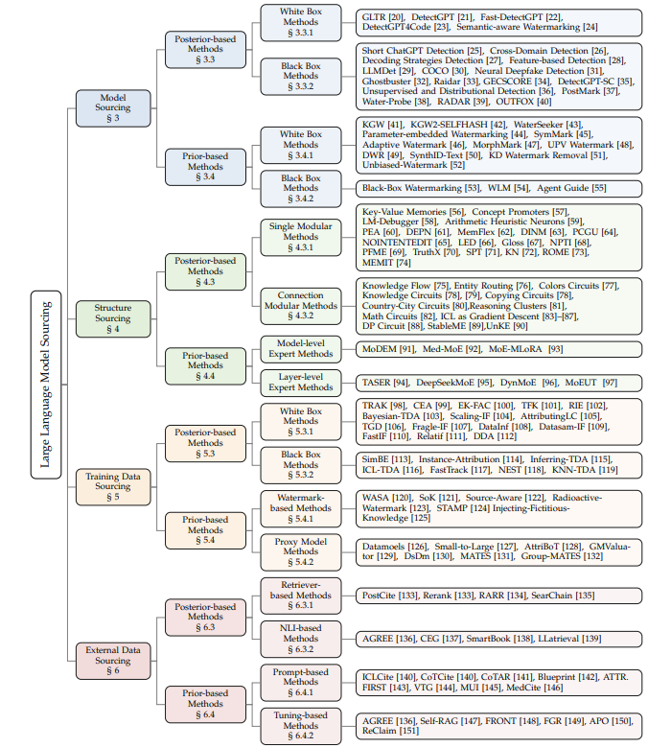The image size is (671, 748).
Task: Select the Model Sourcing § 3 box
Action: (x=113, y=107)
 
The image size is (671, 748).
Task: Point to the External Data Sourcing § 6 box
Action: (x=113, y=661)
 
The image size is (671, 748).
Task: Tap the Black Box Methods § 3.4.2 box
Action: (x=301, y=188)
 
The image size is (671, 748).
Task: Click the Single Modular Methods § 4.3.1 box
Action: (x=301, y=238)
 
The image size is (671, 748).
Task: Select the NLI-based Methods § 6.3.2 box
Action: (x=301, y=638)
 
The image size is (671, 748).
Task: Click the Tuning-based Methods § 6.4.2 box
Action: (x=301, y=726)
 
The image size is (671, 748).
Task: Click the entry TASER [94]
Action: (x=382, y=383)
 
